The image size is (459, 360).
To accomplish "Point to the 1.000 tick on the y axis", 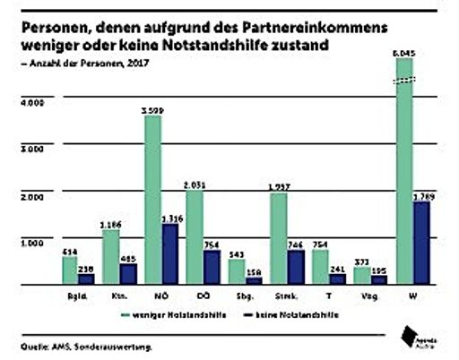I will pos(31,242).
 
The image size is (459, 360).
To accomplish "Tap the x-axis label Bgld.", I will pos(77,296).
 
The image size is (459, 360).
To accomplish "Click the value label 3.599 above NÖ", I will pos(152,109).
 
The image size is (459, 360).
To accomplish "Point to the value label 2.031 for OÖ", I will pos(195,184).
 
